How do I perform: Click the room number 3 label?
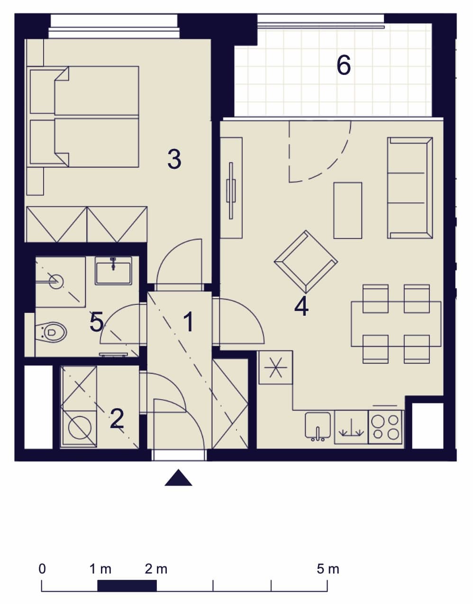pyautogui.click(x=174, y=159)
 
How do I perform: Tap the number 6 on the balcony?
pyautogui.click(x=344, y=65)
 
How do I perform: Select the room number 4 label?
pyautogui.click(x=301, y=306)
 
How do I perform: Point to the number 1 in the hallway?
pyautogui.click(x=189, y=322)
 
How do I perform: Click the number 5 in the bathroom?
pyautogui.click(x=96, y=322)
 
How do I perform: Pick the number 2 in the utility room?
pyautogui.click(x=117, y=419)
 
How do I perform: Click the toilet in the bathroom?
pyautogui.click(x=51, y=332)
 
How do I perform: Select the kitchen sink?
pyautogui.click(x=318, y=426)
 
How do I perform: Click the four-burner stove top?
pyautogui.click(x=385, y=427)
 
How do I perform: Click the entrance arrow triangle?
pyautogui.click(x=178, y=477)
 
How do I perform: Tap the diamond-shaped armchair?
pyautogui.click(x=306, y=262)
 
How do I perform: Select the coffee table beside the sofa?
pyautogui.click(x=348, y=210)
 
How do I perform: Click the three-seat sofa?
pyautogui.click(x=410, y=188)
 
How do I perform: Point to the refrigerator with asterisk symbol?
pyautogui.click(x=275, y=367)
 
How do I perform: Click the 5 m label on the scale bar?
pyautogui.click(x=328, y=569)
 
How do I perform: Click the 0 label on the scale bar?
pyautogui.click(x=42, y=569)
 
